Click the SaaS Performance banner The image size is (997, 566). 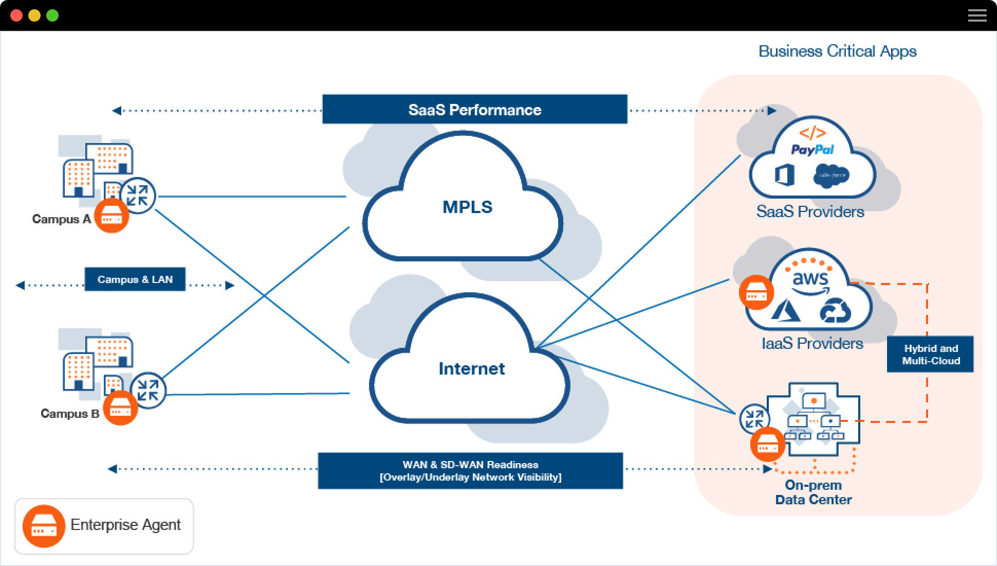[x=474, y=109]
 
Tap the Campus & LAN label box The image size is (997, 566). [x=135, y=279]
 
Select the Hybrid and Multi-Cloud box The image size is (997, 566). [x=930, y=355]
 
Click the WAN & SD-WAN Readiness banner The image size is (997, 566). [x=470, y=471]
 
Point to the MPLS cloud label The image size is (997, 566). [x=467, y=207]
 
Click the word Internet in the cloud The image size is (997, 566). [x=471, y=369]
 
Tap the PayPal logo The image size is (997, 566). [x=812, y=150]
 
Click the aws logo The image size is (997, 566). [x=810, y=279]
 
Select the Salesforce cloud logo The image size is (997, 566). [x=831, y=175]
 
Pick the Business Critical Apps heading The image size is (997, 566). [x=837, y=51]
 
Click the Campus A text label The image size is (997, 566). [x=61, y=219]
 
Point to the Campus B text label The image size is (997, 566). [x=69, y=414]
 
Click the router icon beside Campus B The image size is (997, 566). [x=148, y=391]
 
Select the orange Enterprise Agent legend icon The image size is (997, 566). [x=44, y=526]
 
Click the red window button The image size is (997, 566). [x=16, y=15]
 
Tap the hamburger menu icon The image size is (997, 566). [x=977, y=15]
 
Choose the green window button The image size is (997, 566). [x=52, y=15]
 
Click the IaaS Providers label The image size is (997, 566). [x=812, y=344]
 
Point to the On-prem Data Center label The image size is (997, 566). [x=813, y=492]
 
